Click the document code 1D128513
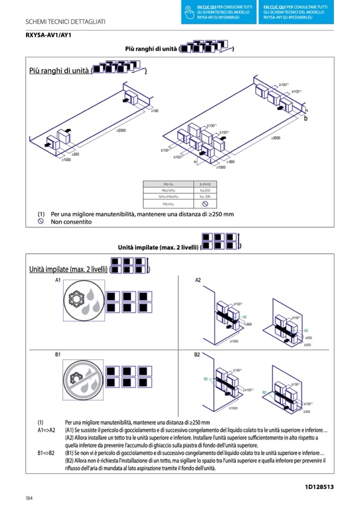tap(319, 486)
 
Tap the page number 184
tap(29, 497)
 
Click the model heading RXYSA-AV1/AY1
tap(48, 35)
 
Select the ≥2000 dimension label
tap(121, 131)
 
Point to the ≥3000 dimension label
tap(276, 138)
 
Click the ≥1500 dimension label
tap(221, 167)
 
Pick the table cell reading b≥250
tap(205, 190)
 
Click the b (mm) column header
tap(205, 183)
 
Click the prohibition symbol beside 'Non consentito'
tap(40, 221)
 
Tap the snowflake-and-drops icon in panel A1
tap(82, 300)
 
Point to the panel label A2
tap(198, 280)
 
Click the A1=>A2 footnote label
tap(46, 430)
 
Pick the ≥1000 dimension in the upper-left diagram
tap(67, 159)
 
